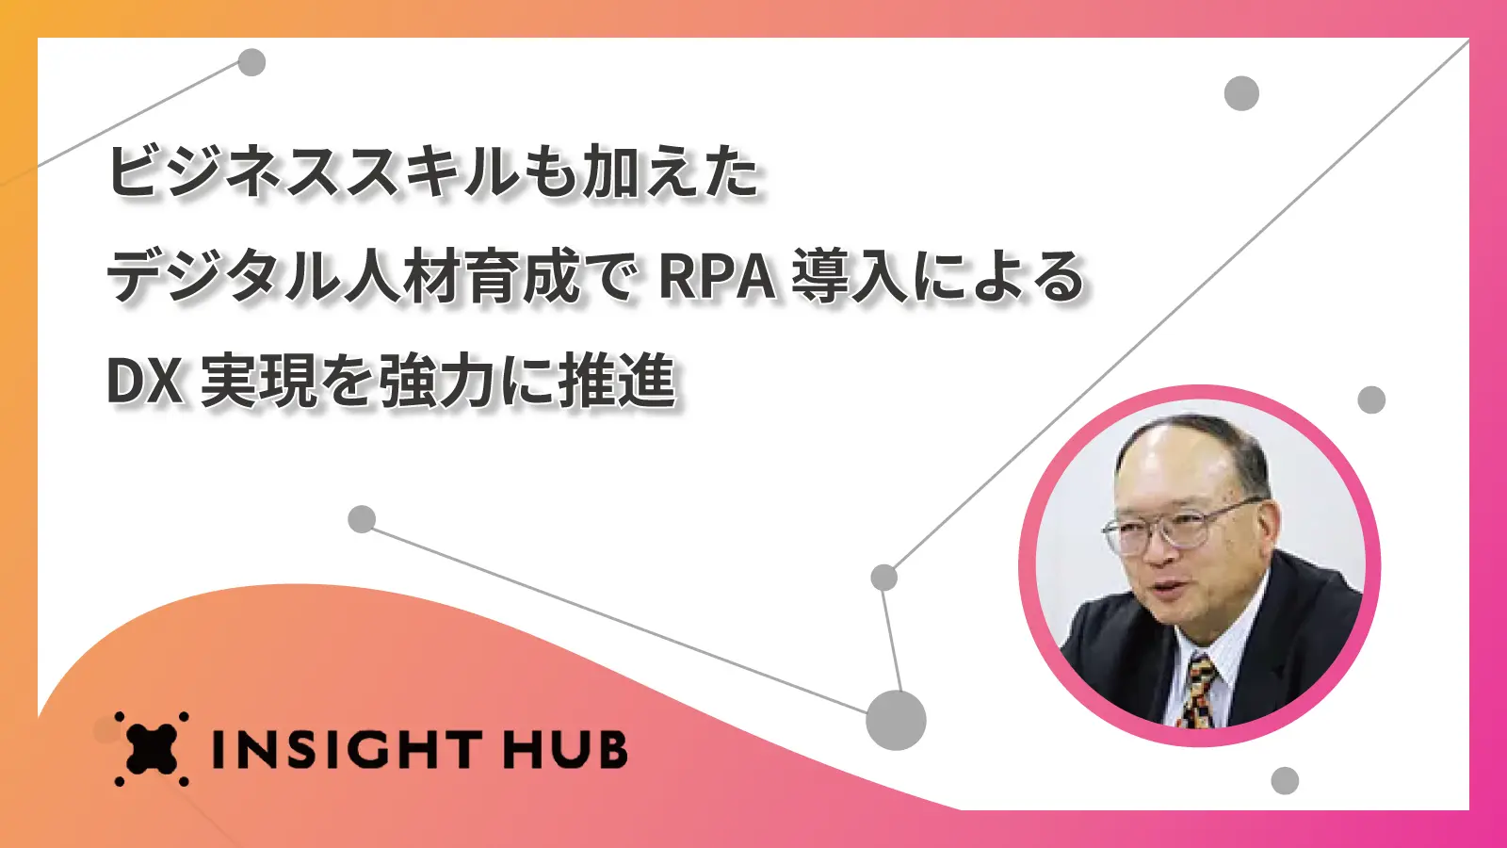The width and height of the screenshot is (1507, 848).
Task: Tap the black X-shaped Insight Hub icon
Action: coord(152,748)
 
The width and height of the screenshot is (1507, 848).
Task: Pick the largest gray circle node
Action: coord(896,720)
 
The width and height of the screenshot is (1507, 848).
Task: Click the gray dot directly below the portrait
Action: coord(1285,781)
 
